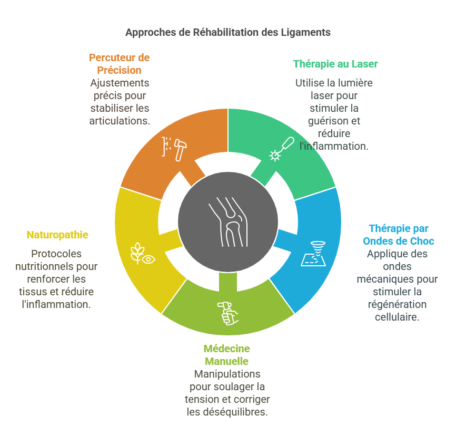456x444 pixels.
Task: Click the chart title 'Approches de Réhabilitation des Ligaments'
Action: [x=227, y=32]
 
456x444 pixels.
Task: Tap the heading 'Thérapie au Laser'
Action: [x=335, y=64]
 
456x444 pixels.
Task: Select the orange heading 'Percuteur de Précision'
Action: [x=119, y=64]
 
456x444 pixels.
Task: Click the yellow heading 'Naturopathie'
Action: [x=57, y=235]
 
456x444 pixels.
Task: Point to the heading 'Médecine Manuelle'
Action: [x=227, y=355]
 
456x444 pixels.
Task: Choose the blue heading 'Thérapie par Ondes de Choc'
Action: [x=399, y=235]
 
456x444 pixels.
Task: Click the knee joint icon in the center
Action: [x=228, y=222]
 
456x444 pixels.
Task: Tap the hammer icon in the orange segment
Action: [x=174, y=149]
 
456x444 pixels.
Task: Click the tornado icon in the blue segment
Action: [x=313, y=254]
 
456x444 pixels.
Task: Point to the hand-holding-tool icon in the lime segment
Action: [x=228, y=314]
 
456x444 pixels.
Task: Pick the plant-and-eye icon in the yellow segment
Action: [x=142, y=254]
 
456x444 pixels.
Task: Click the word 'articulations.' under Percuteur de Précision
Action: [x=120, y=121]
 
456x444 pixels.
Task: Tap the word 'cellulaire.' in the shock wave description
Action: [x=397, y=317]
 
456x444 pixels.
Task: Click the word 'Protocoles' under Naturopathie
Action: [x=56, y=254]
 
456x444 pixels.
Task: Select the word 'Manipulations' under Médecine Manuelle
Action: [x=227, y=374]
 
